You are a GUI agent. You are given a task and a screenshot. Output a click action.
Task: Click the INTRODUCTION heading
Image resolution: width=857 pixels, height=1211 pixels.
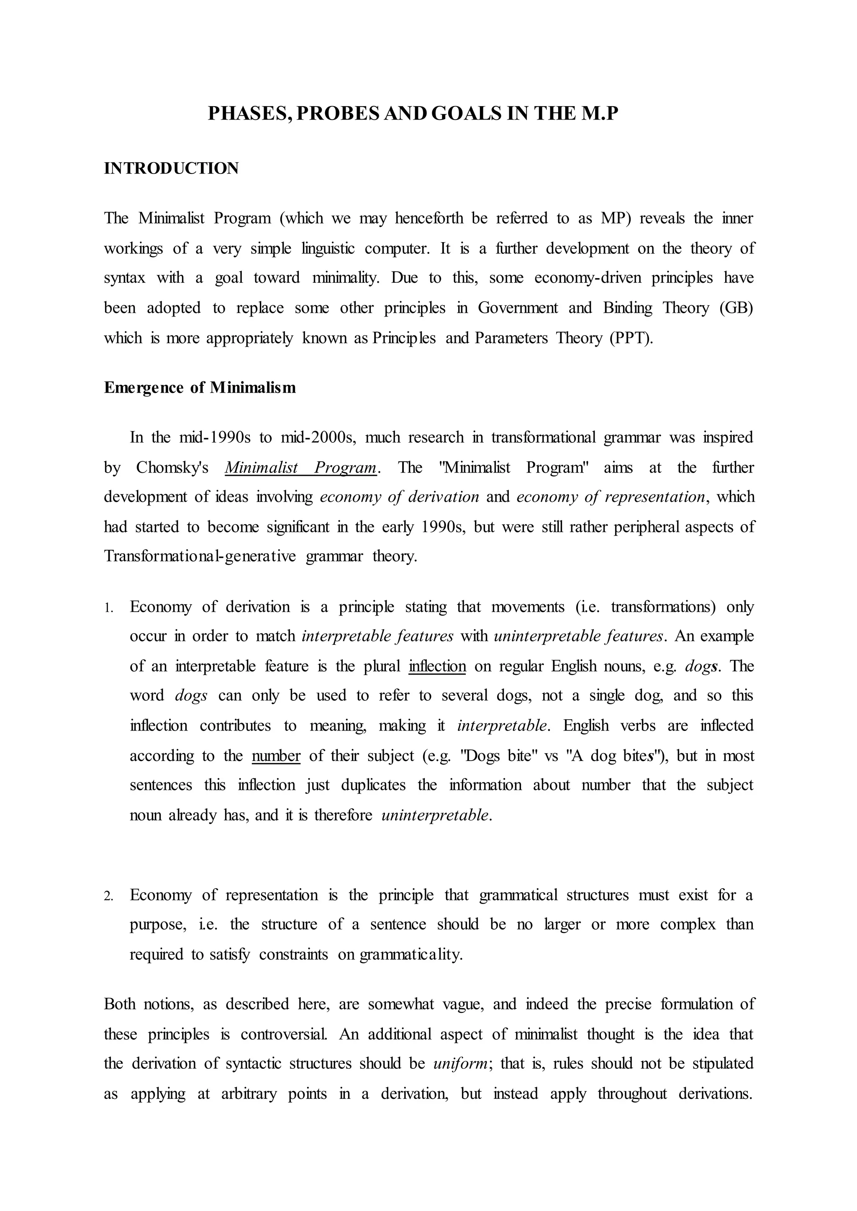172,168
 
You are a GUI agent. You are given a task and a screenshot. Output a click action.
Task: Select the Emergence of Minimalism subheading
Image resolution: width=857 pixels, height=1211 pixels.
200,388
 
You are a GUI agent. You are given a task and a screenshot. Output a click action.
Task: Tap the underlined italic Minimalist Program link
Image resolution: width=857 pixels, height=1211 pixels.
301,468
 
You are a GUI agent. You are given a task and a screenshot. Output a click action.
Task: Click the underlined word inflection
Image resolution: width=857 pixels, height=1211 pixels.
437,666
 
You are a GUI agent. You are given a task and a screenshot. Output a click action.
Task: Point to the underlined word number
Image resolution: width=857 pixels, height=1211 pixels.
276,756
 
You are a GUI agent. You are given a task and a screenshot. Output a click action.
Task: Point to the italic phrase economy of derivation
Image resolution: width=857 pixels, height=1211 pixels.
400,497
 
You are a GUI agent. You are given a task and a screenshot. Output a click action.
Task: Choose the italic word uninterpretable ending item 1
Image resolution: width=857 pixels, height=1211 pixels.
435,815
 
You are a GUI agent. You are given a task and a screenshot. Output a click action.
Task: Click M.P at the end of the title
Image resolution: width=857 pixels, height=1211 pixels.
600,114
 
